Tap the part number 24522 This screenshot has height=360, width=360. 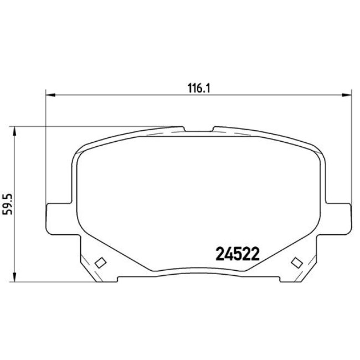click(x=236, y=253)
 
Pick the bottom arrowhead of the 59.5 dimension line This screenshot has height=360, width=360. click(x=15, y=279)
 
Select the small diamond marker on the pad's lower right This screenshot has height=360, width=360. click(x=295, y=262)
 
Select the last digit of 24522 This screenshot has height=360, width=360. click(x=255, y=253)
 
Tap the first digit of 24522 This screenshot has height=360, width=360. click(x=218, y=253)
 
